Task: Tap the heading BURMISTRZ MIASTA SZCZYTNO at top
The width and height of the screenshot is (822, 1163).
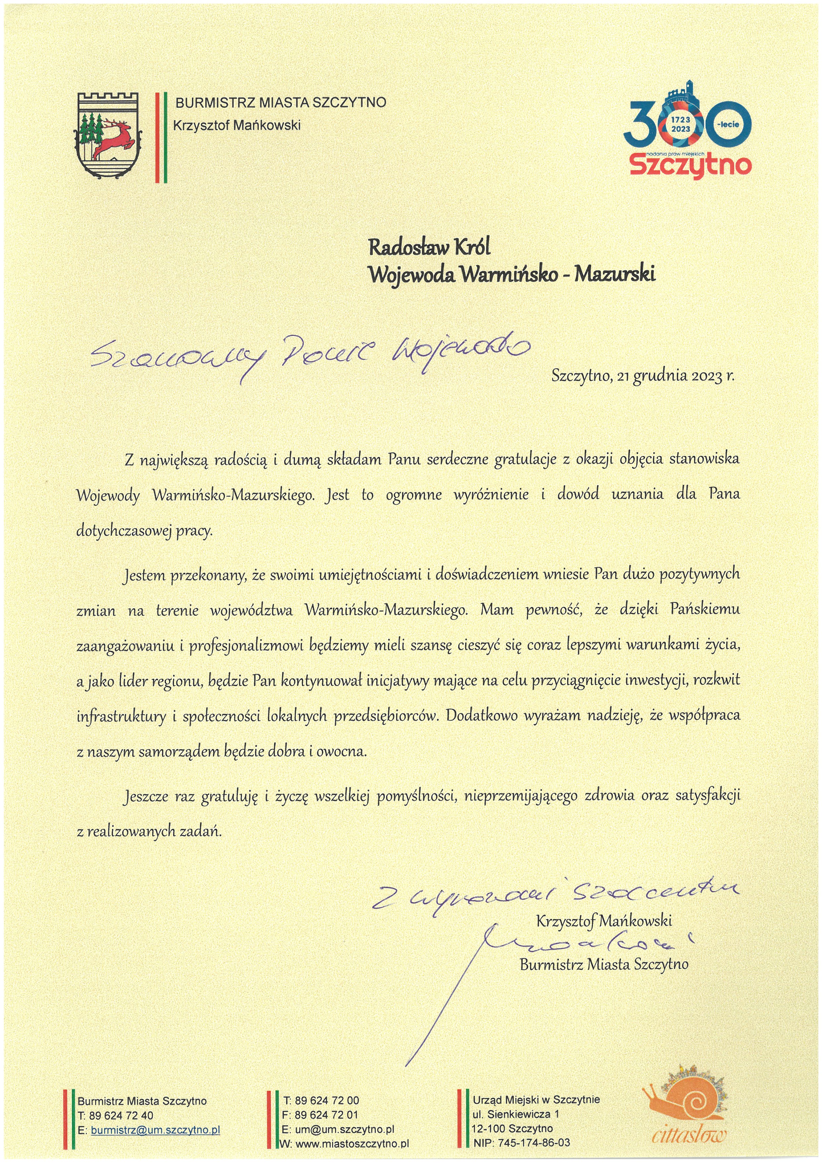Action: point(280,103)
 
